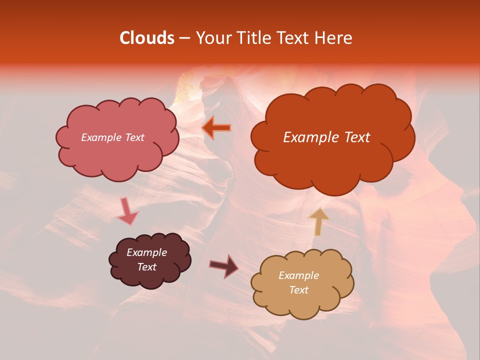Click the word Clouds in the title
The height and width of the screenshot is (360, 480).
[146, 38]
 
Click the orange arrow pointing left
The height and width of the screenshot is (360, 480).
[216, 128]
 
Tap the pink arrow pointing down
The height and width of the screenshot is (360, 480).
[127, 211]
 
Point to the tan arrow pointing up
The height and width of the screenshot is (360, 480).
[318, 221]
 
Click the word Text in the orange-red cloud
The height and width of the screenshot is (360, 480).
[354, 137]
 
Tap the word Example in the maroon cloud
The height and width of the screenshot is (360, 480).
[146, 252]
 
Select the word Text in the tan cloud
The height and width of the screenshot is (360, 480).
[298, 290]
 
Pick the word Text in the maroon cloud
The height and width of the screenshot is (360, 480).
[146, 267]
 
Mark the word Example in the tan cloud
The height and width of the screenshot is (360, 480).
[298, 275]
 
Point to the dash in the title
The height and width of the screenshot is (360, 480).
[184, 38]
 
